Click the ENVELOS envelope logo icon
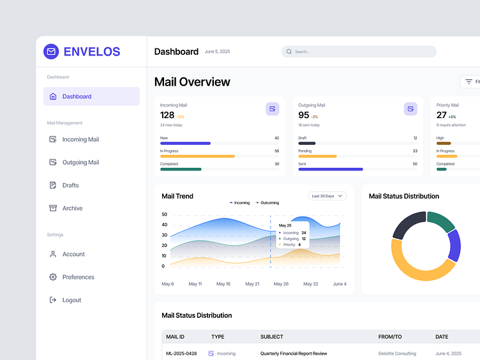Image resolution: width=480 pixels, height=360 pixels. coord(51,52)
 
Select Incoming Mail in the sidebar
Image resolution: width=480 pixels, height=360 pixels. coord(80,139)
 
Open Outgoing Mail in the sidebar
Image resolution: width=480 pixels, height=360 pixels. coord(80,162)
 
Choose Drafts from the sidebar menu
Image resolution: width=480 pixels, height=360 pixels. coord(70,185)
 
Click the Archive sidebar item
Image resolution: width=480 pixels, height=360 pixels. coord(72,208)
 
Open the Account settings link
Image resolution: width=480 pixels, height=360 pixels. coord(73,254)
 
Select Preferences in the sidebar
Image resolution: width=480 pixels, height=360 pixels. coord(78,277)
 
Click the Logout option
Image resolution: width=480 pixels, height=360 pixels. coord(71,300)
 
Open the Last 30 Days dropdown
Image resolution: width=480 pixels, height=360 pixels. coord(327,196)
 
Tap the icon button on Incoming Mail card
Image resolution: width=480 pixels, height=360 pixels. coord(273,109)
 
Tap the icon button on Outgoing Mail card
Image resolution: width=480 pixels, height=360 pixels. coord(410,109)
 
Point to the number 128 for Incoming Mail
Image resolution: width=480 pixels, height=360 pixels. coord(167,115)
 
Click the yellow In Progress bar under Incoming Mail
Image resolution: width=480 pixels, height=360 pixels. coord(197,156)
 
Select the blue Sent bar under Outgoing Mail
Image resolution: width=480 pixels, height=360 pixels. coord(331,169)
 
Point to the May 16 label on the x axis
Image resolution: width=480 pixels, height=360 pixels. coord(223,283)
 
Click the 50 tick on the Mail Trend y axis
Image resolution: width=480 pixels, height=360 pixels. coord(164,214)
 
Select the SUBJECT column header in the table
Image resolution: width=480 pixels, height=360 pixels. coord(272,336)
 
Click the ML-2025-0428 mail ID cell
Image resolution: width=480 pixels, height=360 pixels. coord(181,353)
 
